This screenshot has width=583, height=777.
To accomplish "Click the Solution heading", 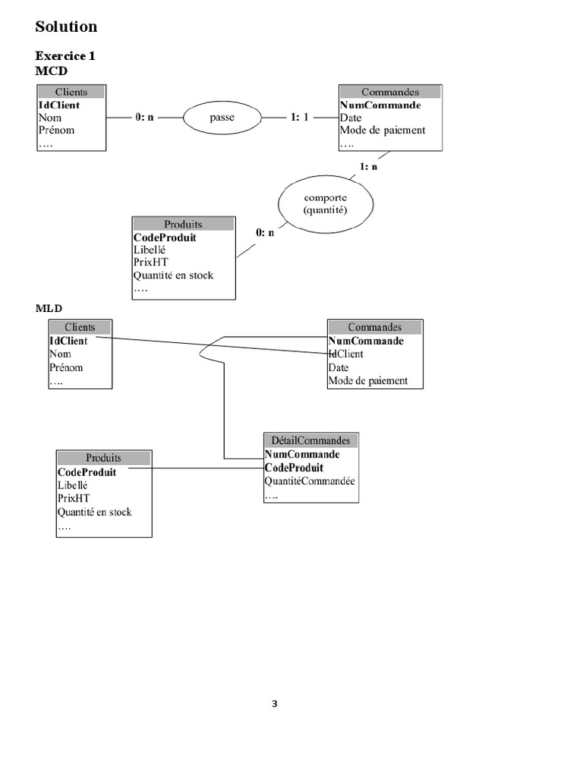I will coord(66,27).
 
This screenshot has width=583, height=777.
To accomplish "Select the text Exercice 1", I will coord(65,56).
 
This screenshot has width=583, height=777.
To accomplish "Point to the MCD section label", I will coord(52,71).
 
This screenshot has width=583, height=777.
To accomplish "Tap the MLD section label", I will coord(49,309).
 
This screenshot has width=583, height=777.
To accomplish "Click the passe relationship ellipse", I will coord(222,118).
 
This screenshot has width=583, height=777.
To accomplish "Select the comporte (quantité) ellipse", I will coord(325,204).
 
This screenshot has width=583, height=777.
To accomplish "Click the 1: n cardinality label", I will coord(369,166).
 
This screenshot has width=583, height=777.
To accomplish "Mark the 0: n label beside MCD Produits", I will coord(265,233).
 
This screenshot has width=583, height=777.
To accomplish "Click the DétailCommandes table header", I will coord(310,440).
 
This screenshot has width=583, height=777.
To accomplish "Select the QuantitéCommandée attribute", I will coord(310,481).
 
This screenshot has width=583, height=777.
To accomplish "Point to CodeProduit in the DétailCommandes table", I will coord(294,467).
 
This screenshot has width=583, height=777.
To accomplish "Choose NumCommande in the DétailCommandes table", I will coord(301,455).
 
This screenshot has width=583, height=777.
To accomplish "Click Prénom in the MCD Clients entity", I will coord(56,130).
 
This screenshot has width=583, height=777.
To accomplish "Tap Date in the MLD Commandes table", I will coord(339,367).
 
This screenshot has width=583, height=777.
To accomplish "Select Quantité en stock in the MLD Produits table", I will coord(94,512).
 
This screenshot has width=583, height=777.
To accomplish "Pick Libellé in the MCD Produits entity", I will coord(150,250).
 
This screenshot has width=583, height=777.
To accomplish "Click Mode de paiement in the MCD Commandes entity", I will coord(383,130).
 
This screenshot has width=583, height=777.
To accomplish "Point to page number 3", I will coord(275,704).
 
